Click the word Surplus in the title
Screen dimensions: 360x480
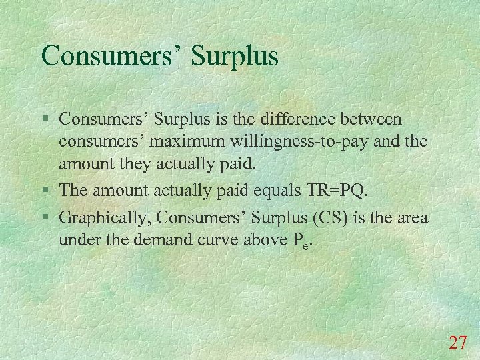pos(234,57)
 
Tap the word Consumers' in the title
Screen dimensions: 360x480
pos(111,55)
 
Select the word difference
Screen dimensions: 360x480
pos(301,119)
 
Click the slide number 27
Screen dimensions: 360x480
pos(457,343)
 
